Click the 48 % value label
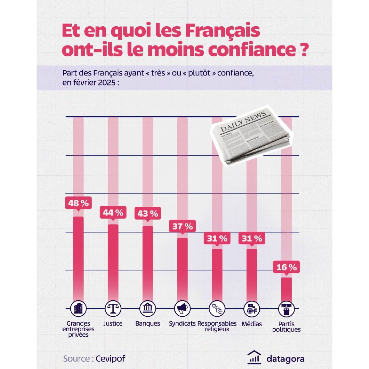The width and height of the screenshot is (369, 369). point(78,203)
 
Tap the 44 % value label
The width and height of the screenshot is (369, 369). point(113,213)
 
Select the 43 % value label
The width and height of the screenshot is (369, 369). point(148,214)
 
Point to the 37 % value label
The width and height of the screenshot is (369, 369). point(182,226)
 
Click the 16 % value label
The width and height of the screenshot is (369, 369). point(286,267)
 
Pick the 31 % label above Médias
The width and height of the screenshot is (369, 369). point(252,238)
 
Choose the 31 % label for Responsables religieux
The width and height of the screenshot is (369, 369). point(217,238)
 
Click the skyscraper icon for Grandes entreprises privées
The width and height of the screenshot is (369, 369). point(78,309)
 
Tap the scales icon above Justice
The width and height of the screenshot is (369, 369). point(113,309)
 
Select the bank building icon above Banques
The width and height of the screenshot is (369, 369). point(148,309)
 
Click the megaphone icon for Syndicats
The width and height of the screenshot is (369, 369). point(182,309)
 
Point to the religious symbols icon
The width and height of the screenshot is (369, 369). point(217,309)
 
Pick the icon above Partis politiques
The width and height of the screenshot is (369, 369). point(286,309)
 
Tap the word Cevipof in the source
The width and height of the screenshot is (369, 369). point(108,359)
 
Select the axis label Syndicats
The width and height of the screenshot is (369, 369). point(182,323)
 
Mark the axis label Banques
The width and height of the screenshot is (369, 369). point(148,323)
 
